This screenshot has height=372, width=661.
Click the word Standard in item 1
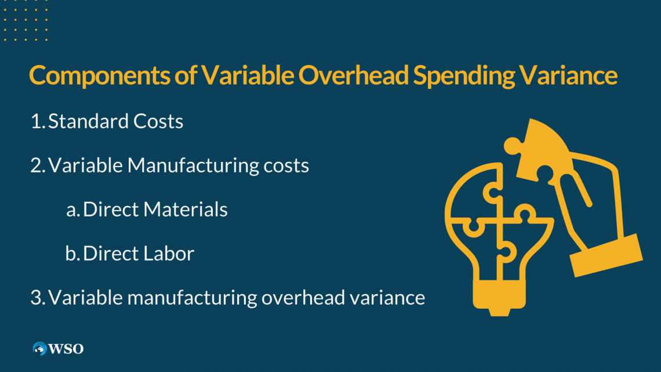[x=88, y=122]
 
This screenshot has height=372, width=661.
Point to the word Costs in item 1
[x=158, y=122]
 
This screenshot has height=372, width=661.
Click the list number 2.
[x=37, y=166]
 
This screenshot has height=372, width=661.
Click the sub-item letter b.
[x=72, y=254]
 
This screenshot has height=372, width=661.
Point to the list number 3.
[x=37, y=298]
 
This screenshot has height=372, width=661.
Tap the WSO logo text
[x=66, y=349]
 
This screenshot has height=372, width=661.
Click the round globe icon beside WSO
[x=40, y=349]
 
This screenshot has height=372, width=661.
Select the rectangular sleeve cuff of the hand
[x=606, y=255]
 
